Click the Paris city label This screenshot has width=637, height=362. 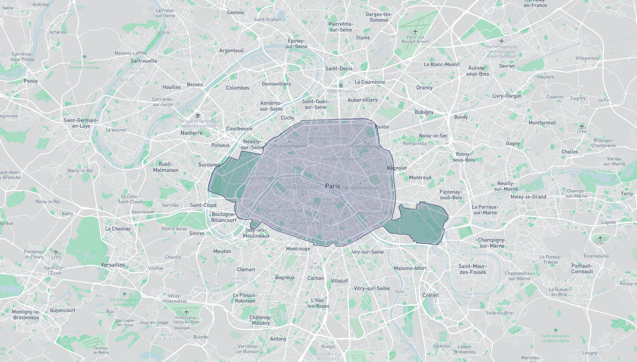click(332, 186)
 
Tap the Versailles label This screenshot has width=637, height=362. click(113, 265)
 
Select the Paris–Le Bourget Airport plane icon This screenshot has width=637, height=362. click(415, 32)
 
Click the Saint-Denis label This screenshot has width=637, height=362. click(339, 68)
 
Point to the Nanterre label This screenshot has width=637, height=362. click(191, 133)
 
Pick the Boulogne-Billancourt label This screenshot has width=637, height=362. click(224, 217)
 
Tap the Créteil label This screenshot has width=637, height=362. click(431, 295)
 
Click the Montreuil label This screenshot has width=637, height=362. click(420, 178)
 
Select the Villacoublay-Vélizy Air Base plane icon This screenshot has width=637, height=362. click(186, 312)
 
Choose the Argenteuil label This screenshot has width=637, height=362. click(231, 51)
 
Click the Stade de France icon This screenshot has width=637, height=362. click(341, 85)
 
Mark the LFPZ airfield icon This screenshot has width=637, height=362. click(56, 252)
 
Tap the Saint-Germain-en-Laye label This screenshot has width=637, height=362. click(81, 123)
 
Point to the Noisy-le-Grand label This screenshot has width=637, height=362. click(528, 197)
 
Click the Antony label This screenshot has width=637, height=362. click(278, 339)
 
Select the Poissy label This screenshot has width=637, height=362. click(31, 81)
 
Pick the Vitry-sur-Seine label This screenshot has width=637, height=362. click(372, 288)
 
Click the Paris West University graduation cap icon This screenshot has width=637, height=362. click(198, 116)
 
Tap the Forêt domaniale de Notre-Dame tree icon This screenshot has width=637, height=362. click(555, 330)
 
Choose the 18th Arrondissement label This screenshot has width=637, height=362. click(328, 136)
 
